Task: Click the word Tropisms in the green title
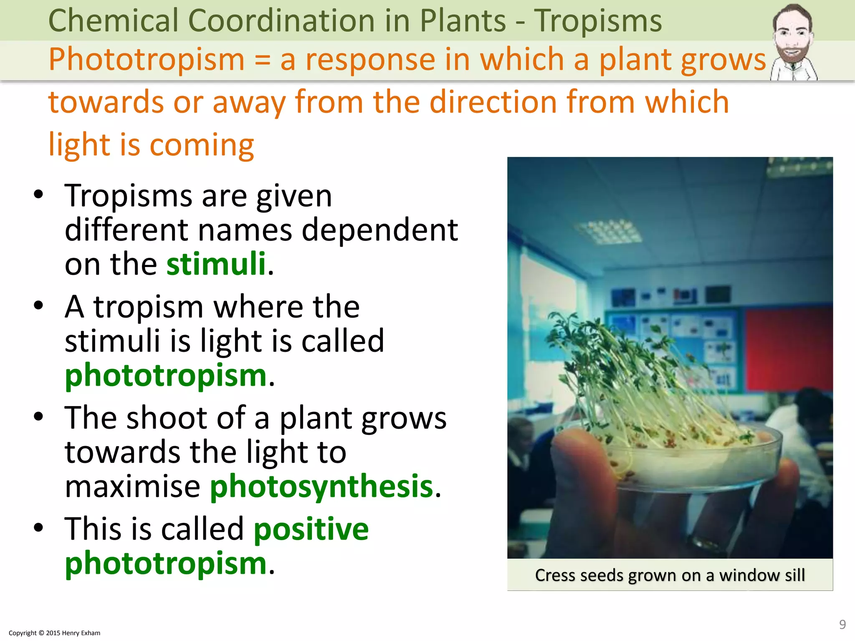pos(598,21)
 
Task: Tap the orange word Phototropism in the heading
pos(146,60)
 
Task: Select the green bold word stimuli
pos(216,264)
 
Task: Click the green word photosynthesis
pos(321,487)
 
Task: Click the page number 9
pos(842,624)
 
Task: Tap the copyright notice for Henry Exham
pos(54,633)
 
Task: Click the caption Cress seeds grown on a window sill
pos(670,575)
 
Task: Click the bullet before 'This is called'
pos(38,527)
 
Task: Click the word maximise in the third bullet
pos(132,487)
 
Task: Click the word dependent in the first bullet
pos(379,230)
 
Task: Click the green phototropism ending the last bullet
pos(166,563)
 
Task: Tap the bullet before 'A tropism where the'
pos(38,305)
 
